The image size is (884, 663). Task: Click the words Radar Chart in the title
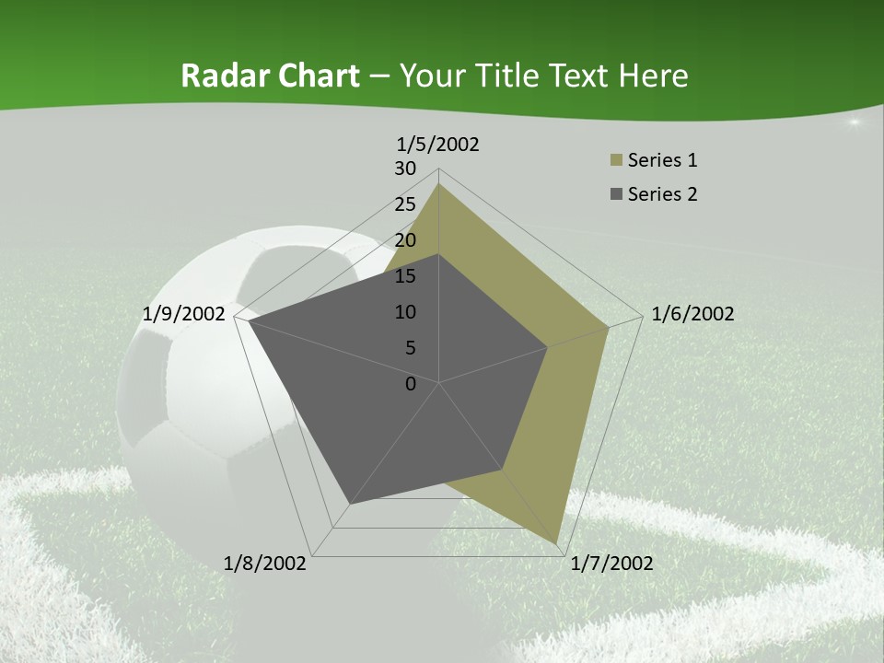(x=270, y=76)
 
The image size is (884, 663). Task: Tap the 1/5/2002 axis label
(x=437, y=144)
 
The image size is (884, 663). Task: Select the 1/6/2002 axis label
(x=692, y=314)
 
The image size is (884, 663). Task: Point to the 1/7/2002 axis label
(x=611, y=564)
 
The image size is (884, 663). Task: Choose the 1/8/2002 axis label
(x=265, y=564)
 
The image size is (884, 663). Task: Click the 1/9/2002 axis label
(x=183, y=314)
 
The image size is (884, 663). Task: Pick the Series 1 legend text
(x=662, y=160)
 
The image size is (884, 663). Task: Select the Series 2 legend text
(x=662, y=194)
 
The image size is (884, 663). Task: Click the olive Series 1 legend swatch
(x=616, y=161)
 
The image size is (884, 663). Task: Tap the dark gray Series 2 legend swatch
(x=616, y=194)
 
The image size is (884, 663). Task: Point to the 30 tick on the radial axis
(x=405, y=169)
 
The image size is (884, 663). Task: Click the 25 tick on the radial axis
(x=405, y=204)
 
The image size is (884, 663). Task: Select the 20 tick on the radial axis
(x=405, y=240)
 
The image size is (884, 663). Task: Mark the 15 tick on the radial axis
(x=405, y=276)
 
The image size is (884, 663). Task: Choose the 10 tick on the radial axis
(x=405, y=312)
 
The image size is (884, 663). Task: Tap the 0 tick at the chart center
(x=411, y=384)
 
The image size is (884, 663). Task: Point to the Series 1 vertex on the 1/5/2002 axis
(x=439, y=184)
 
